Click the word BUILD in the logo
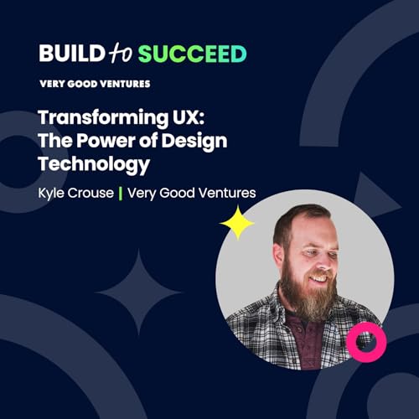point(70,54)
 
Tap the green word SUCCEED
point(192,54)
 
